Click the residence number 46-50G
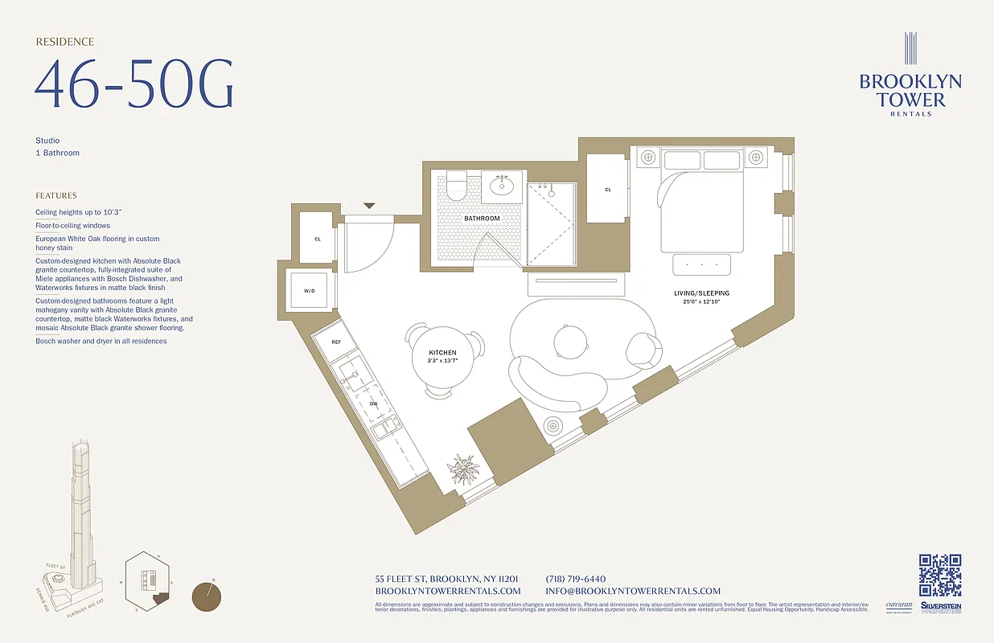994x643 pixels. pyautogui.click(x=133, y=84)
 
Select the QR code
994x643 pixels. pyautogui.click(x=939, y=575)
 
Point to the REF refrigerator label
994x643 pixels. pyautogui.click(x=337, y=342)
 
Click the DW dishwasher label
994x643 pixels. pyautogui.click(x=373, y=403)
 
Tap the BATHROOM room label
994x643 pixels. pyautogui.click(x=482, y=219)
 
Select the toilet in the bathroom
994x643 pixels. pyautogui.click(x=456, y=186)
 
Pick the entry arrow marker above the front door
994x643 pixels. pyautogui.click(x=368, y=207)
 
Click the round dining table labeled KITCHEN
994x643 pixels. pyautogui.click(x=442, y=358)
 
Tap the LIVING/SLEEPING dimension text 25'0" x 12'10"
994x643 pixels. pyautogui.click(x=701, y=301)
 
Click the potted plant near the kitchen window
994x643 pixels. pyautogui.click(x=465, y=469)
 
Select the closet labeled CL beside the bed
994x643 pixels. pyautogui.click(x=608, y=190)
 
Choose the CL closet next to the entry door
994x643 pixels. pyautogui.click(x=317, y=239)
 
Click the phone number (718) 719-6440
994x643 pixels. pyautogui.click(x=575, y=579)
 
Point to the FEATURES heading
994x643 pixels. pyautogui.click(x=56, y=195)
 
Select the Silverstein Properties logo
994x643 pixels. pyautogui.click(x=940, y=608)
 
